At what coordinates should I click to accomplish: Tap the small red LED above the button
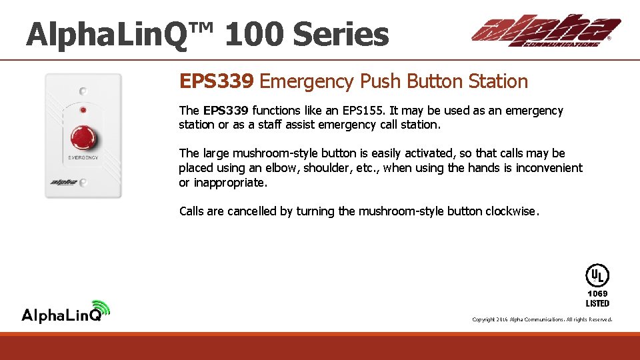point(83,109)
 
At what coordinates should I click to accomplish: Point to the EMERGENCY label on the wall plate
point(83,157)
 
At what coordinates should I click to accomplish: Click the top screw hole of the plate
point(83,91)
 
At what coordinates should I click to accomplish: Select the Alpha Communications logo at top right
point(546,31)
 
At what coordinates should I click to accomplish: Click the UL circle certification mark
point(597,275)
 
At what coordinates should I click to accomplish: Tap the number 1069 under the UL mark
point(597,293)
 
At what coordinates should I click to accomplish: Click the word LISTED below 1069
point(597,303)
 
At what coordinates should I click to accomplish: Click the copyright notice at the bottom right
point(542,320)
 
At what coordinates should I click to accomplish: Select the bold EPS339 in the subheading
point(217,82)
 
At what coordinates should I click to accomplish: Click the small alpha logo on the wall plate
point(65,181)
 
